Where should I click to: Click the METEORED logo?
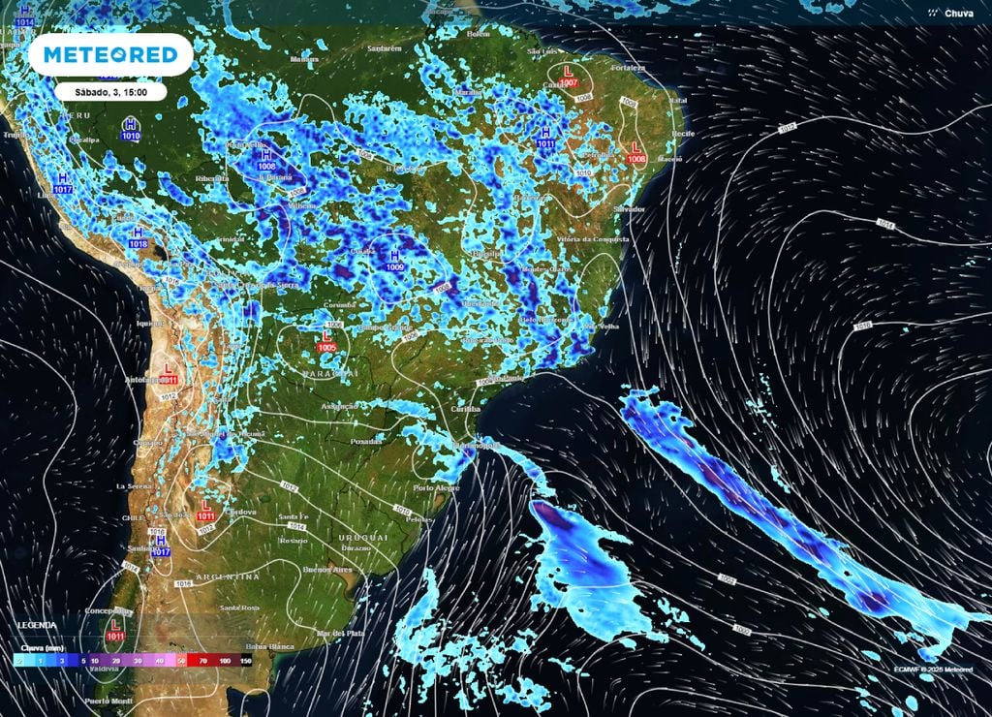[104, 55]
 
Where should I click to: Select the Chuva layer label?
[955, 14]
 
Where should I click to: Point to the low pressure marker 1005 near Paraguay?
[327, 341]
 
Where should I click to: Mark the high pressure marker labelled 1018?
[138, 238]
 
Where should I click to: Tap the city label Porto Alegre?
[435, 487]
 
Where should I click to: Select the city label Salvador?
[630, 208]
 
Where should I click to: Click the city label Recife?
[684, 133]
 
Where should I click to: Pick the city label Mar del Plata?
[344, 633]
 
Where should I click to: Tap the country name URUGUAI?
[363, 537]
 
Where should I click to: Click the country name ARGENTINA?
[229, 577]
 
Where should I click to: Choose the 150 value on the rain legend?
[246, 659]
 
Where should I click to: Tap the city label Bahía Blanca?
[269, 646]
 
